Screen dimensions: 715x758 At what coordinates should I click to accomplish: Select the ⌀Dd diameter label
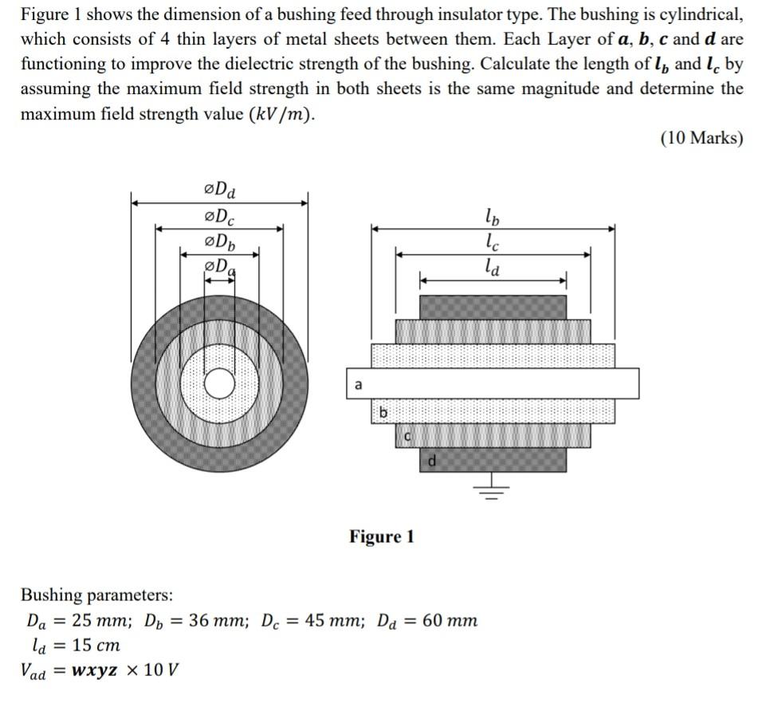coord(220,191)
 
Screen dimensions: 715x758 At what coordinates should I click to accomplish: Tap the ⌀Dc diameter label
coord(220,216)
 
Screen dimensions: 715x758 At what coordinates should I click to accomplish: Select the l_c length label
coord(493,241)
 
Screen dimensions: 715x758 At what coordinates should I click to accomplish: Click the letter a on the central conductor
coord(358,385)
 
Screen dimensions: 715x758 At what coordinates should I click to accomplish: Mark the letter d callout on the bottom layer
coord(431,459)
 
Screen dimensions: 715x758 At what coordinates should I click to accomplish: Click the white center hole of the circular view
coord(220,384)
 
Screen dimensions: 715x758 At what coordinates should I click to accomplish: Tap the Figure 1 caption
coord(381,536)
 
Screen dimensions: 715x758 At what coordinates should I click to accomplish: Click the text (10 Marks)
coord(701,138)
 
